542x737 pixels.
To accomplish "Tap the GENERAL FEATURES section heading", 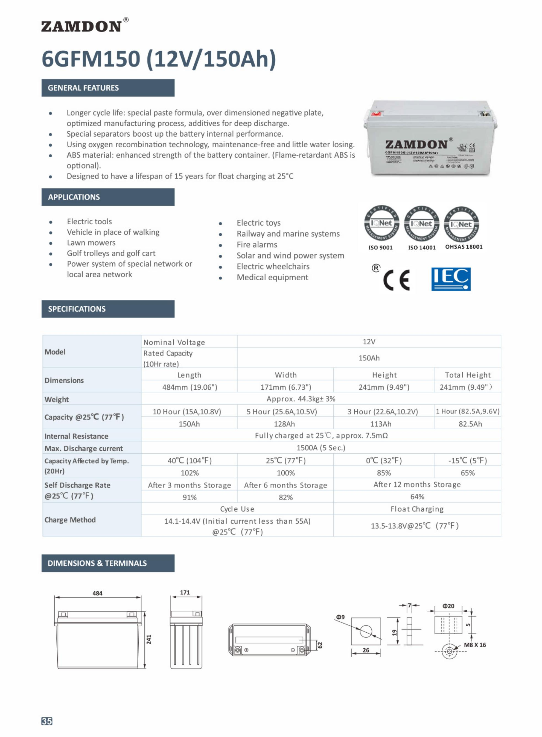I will (x=83, y=88).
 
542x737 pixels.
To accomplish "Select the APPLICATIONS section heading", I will (x=74, y=197).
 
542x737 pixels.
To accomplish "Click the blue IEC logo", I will (x=451, y=279).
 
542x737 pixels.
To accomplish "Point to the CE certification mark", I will (x=396, y=280).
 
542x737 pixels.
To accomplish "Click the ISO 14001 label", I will (x=422, y=248).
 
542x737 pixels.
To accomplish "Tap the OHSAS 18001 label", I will (x=463, y=247).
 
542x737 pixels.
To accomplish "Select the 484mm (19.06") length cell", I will (x=190, y=387).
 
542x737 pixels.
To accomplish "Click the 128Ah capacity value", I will (x=284, y=424).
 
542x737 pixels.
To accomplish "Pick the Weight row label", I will (x=57, y=399).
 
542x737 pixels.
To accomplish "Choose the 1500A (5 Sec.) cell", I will (x=320, y=448).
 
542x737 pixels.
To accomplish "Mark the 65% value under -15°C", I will (x=468, y=473).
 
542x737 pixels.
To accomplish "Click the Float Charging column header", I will (x=417, y=509).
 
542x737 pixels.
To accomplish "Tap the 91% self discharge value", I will (x=190, y=497).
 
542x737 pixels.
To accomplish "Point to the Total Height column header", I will (x=468, y=375).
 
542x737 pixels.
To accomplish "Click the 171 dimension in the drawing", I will (x=185, y=592).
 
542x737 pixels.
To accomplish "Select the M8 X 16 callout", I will (x=475, y=645).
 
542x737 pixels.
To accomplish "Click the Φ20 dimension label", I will (x=448, y=606).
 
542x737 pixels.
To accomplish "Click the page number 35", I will (x=47, y=721).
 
